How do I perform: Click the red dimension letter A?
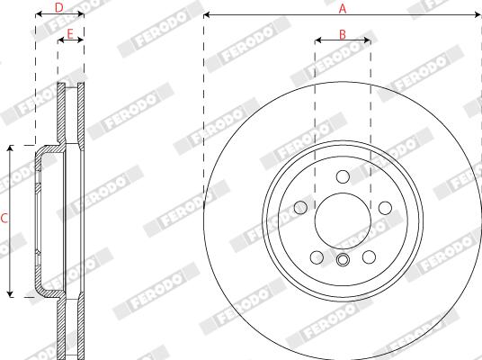(343, 8)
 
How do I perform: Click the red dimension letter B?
(343, 34)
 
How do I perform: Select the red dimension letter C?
(4, 219)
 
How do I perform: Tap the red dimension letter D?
(58, 8)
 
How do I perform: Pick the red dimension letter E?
(70, 34)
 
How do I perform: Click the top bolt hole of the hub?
(343, 176)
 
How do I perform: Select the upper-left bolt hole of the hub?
(300, 208)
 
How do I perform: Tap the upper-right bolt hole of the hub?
(385, 208)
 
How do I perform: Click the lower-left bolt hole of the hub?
(317, 257)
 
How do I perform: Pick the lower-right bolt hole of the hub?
(369, 257)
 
